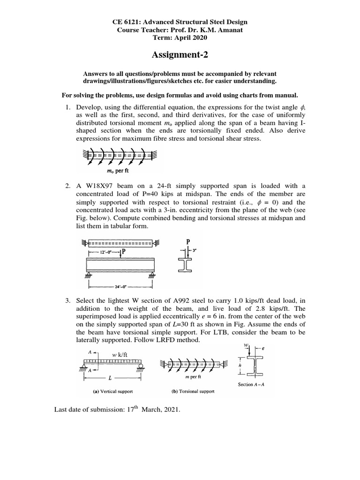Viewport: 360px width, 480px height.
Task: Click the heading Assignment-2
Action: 180,56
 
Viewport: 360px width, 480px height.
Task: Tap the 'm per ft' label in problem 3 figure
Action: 195,377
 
